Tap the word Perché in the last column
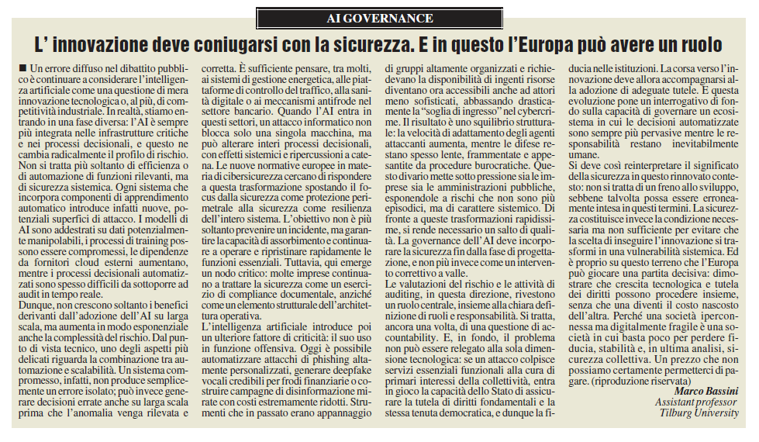click(664, 317)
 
